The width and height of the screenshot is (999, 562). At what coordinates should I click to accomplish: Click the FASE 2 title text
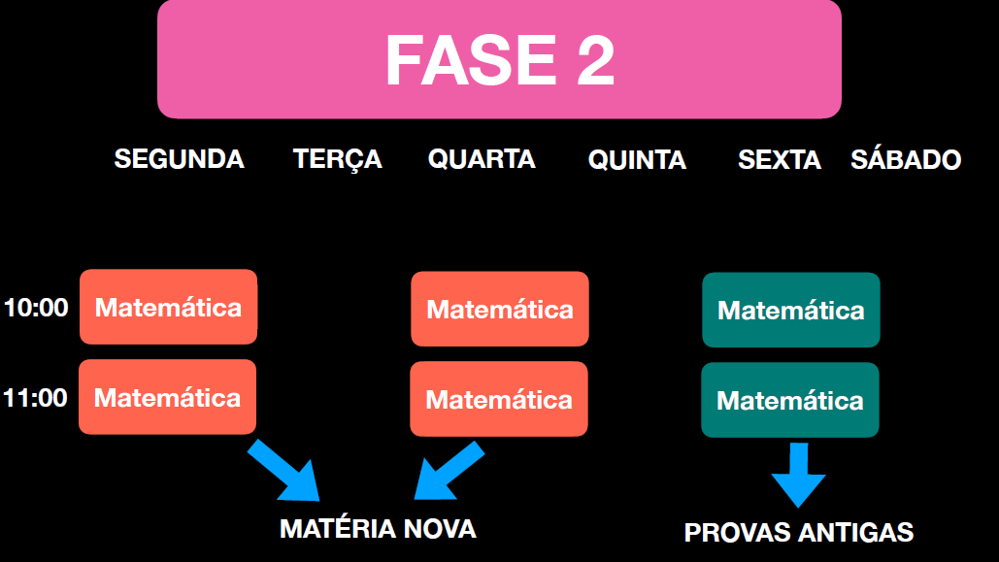[x=500, y=60]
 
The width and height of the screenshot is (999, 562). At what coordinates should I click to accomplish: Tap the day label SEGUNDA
[x=179, y=159]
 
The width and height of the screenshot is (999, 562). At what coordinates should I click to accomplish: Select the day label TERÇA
[x=337, y=159]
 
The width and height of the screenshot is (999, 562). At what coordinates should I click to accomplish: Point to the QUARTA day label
[x=482, y=159]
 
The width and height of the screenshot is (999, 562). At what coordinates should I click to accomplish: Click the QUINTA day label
[x=637, y=160]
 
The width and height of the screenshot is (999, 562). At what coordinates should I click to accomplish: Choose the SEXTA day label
[x=779, y=160]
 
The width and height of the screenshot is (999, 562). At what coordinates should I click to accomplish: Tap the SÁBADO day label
[x=906, y=160]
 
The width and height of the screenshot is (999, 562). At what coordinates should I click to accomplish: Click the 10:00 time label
[x=36, y=308]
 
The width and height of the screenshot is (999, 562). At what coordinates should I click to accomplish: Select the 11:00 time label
[x=35, y=397]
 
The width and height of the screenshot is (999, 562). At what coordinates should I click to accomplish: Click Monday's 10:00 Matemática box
[x=168, y=307]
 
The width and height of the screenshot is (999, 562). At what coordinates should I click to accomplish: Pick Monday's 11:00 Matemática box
[x=167, y=397]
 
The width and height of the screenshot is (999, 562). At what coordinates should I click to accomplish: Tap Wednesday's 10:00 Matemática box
[x=499, y=309]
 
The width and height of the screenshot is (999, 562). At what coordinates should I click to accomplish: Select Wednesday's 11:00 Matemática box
[x=498, y=399]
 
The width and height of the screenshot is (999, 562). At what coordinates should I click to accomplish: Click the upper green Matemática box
[x=790, y=310]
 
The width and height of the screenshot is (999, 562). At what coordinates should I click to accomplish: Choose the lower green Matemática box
[x=789, y=400]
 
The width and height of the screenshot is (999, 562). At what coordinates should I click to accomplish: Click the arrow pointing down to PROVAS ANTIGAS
[x=798, y=474]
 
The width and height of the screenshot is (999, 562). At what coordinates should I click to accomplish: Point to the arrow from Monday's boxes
[x=285, y=470]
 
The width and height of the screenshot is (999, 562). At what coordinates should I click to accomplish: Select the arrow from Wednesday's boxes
[x=448, y=470]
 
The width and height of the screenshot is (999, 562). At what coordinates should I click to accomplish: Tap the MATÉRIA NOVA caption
[x=378, y=529]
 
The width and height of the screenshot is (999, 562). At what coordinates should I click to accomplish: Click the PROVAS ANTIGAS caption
[x=798, y=533]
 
